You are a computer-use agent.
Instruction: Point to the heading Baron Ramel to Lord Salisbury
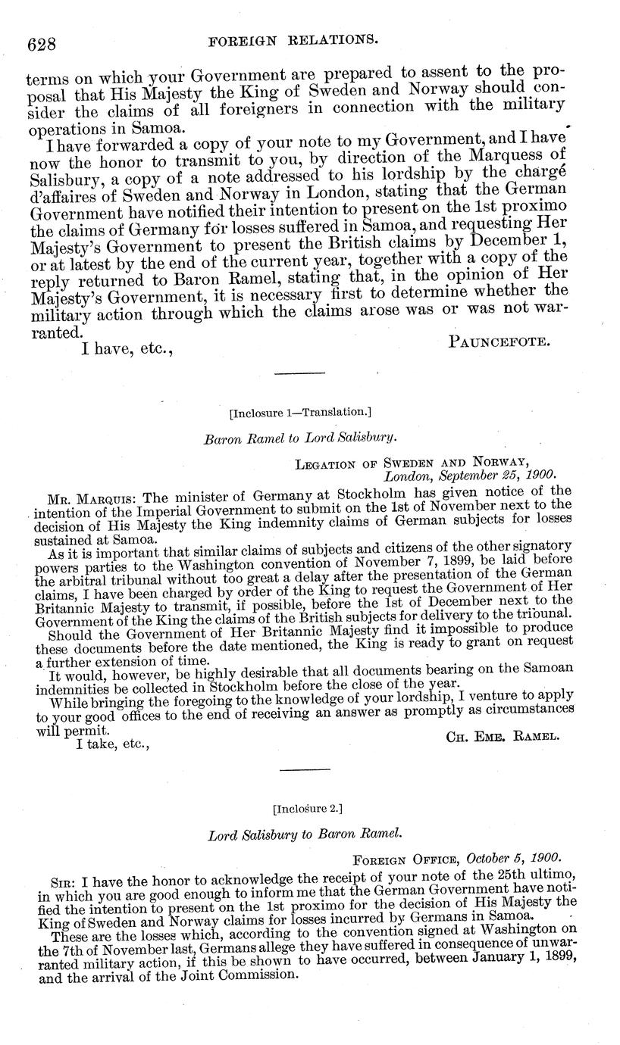point(301,438)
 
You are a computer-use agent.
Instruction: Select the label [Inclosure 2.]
point(306,808)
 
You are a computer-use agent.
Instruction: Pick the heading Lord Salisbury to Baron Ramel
point(304,835)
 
